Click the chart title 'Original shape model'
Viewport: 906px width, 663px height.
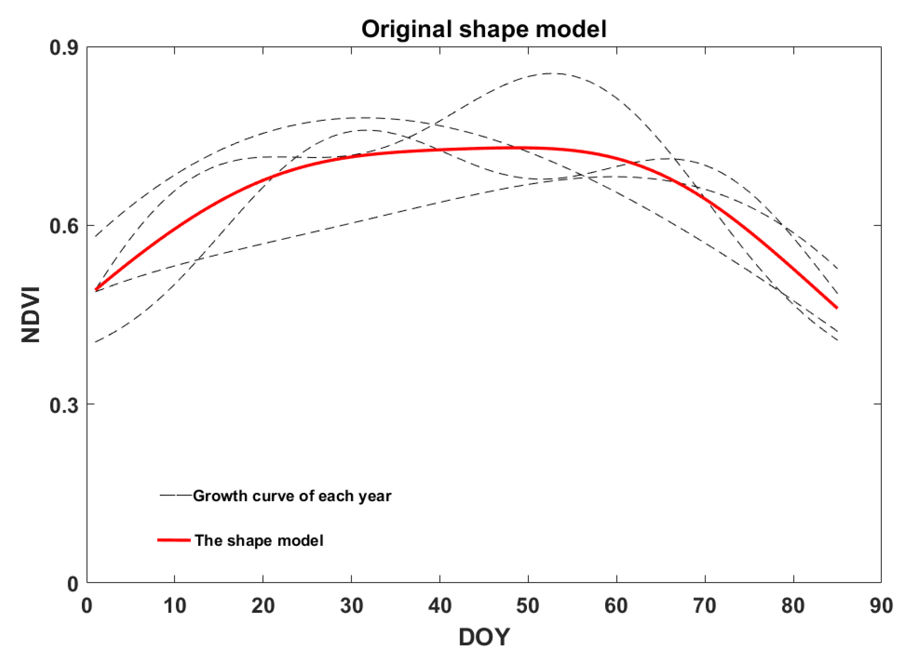[x=484, y=29]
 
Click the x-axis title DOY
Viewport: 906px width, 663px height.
[x=484, y=637]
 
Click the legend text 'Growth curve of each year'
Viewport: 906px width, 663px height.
[x=292, y=496]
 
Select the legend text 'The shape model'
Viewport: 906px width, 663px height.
[x=259, y=541]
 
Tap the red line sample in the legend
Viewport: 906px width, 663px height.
[x=174, y=540]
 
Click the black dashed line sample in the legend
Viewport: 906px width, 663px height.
[x=175, y=495]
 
